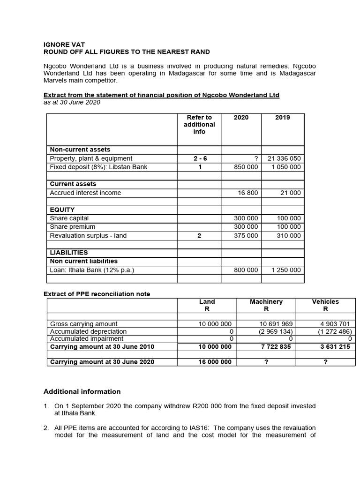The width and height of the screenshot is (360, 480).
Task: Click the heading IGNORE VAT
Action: [x=64, y=45]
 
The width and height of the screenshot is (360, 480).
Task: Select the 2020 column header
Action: [x=241, y=117]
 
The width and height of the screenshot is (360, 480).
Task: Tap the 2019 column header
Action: [x=282, y=117]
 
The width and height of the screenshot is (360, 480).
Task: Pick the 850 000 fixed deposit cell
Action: [x=246, y=167]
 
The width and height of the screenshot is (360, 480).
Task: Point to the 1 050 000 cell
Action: [x=286, y=167]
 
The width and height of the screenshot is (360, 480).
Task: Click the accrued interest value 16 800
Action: [x=248, y=193]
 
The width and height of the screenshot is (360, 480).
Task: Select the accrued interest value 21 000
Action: [x=291, y=193]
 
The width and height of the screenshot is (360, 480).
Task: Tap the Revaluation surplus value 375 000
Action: [x=246, y=236]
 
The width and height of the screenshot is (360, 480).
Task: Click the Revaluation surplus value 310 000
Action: [x=289, y=236]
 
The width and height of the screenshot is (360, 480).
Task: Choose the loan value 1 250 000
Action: [x=286, y=270]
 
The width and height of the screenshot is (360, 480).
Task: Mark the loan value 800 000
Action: [x=246, y=270]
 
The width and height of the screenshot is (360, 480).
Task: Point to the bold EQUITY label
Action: [x=62, y=210]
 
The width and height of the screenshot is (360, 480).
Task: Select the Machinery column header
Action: [x=266, y=302]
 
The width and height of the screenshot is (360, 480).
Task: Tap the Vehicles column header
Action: [x=325, y=302]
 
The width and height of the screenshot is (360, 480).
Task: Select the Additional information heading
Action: [x=82, y=392]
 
